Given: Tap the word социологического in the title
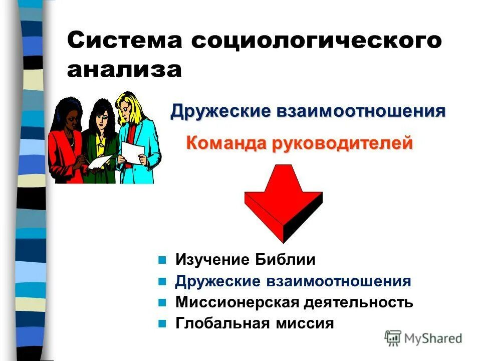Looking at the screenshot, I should point(318,41).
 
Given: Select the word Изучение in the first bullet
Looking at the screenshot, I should point(212,260).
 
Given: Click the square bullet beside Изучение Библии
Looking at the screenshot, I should point(162,260).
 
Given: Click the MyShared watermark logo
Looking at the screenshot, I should point(423,338).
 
